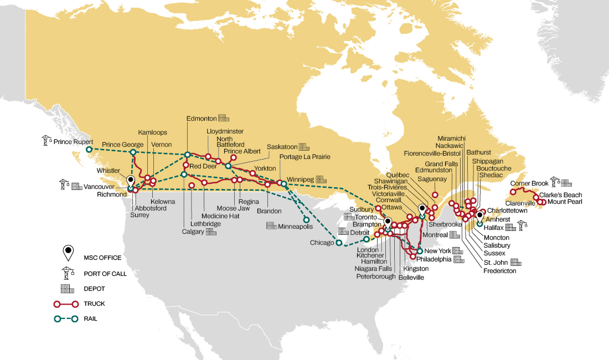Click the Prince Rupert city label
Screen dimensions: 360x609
(x=74, y=142)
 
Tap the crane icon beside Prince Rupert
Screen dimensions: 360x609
(x=47, y=141)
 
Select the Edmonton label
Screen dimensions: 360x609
(x=202, y=118)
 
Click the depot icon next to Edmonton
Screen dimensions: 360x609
(x=223, y=118)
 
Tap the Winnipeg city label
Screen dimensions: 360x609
(x=300, y=180)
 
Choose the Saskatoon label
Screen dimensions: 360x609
(x=282, y=147)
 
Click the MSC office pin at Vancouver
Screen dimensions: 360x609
(x=131, y=182)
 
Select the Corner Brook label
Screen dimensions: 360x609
(x=529, y=183)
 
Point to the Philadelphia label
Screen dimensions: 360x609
(x=434, y=259)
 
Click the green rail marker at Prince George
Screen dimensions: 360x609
(x=133, y=152)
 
